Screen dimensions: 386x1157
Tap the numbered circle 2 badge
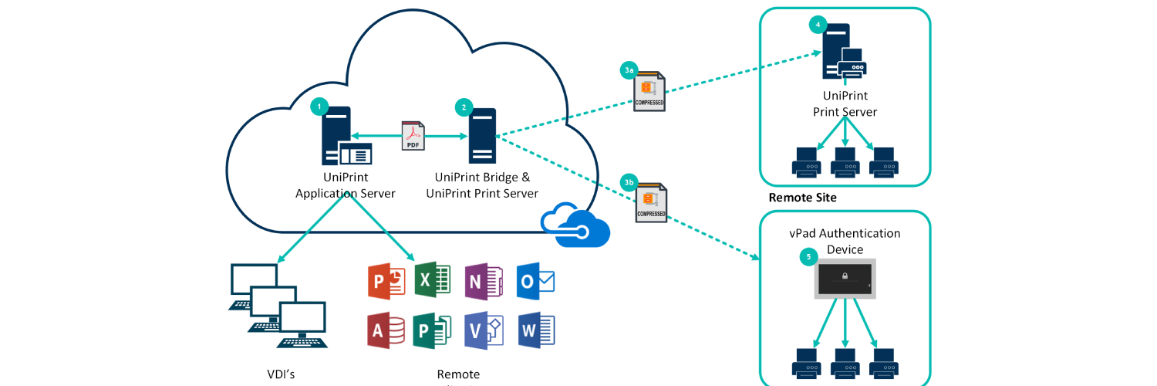coord(464,107)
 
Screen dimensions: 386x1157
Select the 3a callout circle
coord(629,70)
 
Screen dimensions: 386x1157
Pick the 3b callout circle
coord(629,183)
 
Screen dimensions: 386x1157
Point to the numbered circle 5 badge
coord(808,256)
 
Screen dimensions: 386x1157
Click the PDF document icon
coord(413,136)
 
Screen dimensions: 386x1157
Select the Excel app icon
coord(432,279)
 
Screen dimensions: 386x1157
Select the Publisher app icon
coord(432,331)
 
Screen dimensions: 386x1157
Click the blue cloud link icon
coord(575,225)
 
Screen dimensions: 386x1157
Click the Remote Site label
coord(802,198)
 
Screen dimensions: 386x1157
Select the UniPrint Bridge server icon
coord(482,136)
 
